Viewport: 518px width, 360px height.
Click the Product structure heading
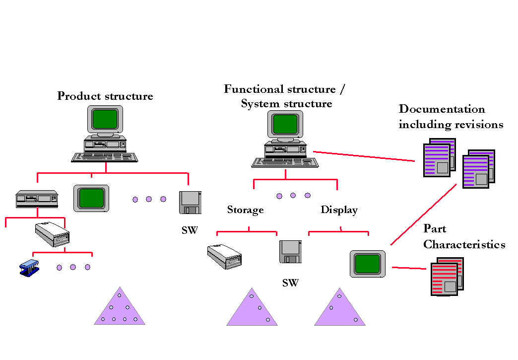(x=105, y=96)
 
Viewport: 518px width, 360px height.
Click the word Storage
(x=245, y=210)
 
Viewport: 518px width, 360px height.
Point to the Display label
(x=339, y=210)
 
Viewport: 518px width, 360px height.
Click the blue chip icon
(x=30, y=269)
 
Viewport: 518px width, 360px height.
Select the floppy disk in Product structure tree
(x=190, y=203)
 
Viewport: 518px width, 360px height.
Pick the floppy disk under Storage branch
(x=290, y=252)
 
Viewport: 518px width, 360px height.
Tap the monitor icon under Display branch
(x=368, y=264)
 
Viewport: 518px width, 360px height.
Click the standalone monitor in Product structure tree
(x=91, y=198)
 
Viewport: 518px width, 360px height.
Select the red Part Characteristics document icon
(x=447, y=277)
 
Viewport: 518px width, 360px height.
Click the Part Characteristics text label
(x=464, y=237)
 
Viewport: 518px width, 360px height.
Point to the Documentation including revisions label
(x=451, y=117)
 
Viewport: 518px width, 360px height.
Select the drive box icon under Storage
(x=224, y=256)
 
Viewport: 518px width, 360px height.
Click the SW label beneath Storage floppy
(x=290, y=284)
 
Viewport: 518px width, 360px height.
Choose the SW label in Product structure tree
(x=190, y=231)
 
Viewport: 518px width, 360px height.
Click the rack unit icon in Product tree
(x=37, y=199)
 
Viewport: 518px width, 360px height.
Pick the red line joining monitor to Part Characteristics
(x=409, y=269)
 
